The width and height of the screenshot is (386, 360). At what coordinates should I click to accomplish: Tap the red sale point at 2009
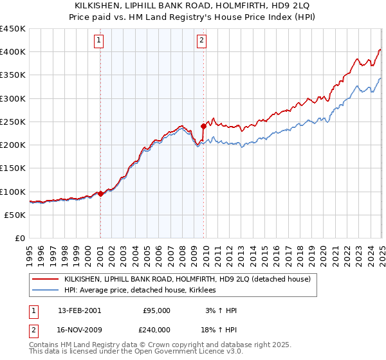tap(203, 126)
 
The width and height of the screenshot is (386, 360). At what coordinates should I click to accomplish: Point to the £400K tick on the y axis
tap(13, 52)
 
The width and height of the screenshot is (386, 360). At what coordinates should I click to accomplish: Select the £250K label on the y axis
tap(13, 122)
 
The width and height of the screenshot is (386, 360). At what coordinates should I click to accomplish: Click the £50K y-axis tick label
tap(15, 215)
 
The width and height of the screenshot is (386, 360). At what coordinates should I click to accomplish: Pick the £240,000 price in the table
tap(156, 329)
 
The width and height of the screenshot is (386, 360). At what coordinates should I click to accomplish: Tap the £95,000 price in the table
tap(156, 310)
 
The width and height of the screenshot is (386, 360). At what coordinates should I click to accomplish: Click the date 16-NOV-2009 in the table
tap(80, 329)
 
